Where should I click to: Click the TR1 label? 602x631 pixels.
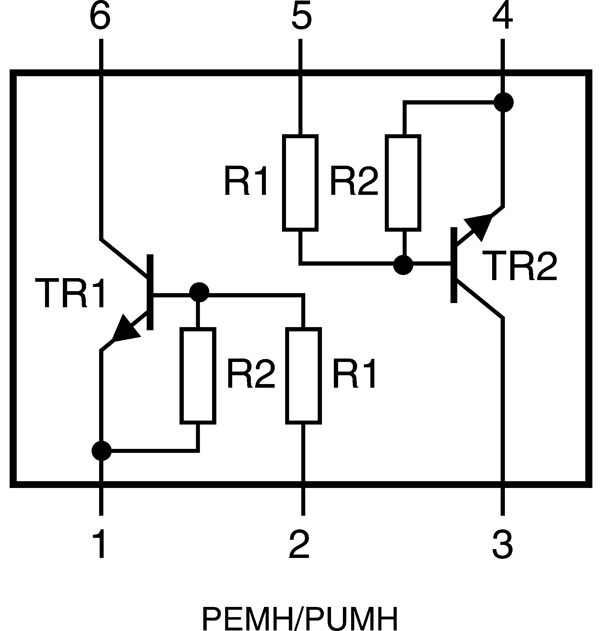pos(70,293)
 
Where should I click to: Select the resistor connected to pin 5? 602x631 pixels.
pos(300,183)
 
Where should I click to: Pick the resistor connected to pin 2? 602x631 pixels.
pos(303,376)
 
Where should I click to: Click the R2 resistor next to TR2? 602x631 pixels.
pos(403,183)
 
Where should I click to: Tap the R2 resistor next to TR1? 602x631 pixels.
pos(198,376)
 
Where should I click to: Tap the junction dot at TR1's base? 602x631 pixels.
pos(199,292)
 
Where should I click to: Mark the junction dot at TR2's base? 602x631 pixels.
pos(403,265)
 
